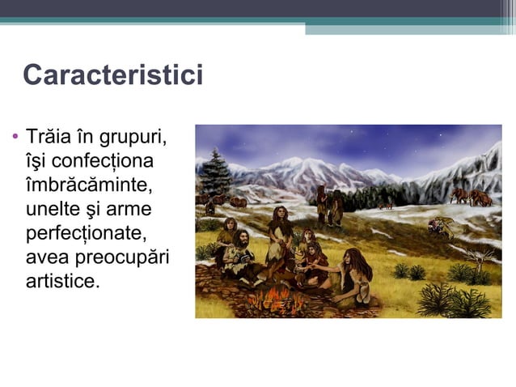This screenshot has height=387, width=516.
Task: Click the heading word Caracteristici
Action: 112,75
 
